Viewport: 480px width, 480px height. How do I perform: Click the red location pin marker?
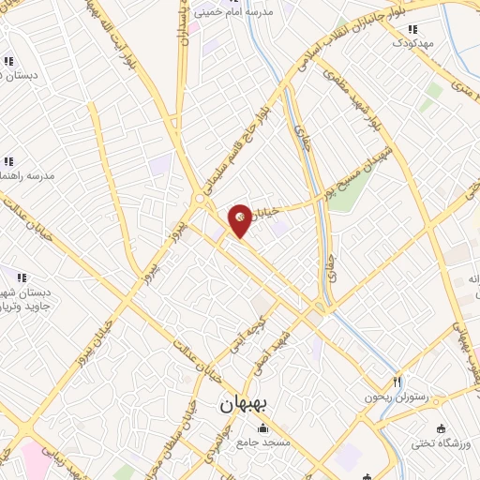241,218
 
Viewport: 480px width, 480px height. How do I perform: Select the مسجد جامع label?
263,441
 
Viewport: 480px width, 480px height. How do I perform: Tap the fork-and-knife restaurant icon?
397,382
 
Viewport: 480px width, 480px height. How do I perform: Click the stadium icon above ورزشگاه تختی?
415,427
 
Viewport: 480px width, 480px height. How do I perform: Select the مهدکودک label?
413,43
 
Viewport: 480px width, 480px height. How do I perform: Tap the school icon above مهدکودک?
413,29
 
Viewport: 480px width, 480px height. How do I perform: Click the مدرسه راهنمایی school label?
28,175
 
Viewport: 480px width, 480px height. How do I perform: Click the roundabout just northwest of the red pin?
200,199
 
